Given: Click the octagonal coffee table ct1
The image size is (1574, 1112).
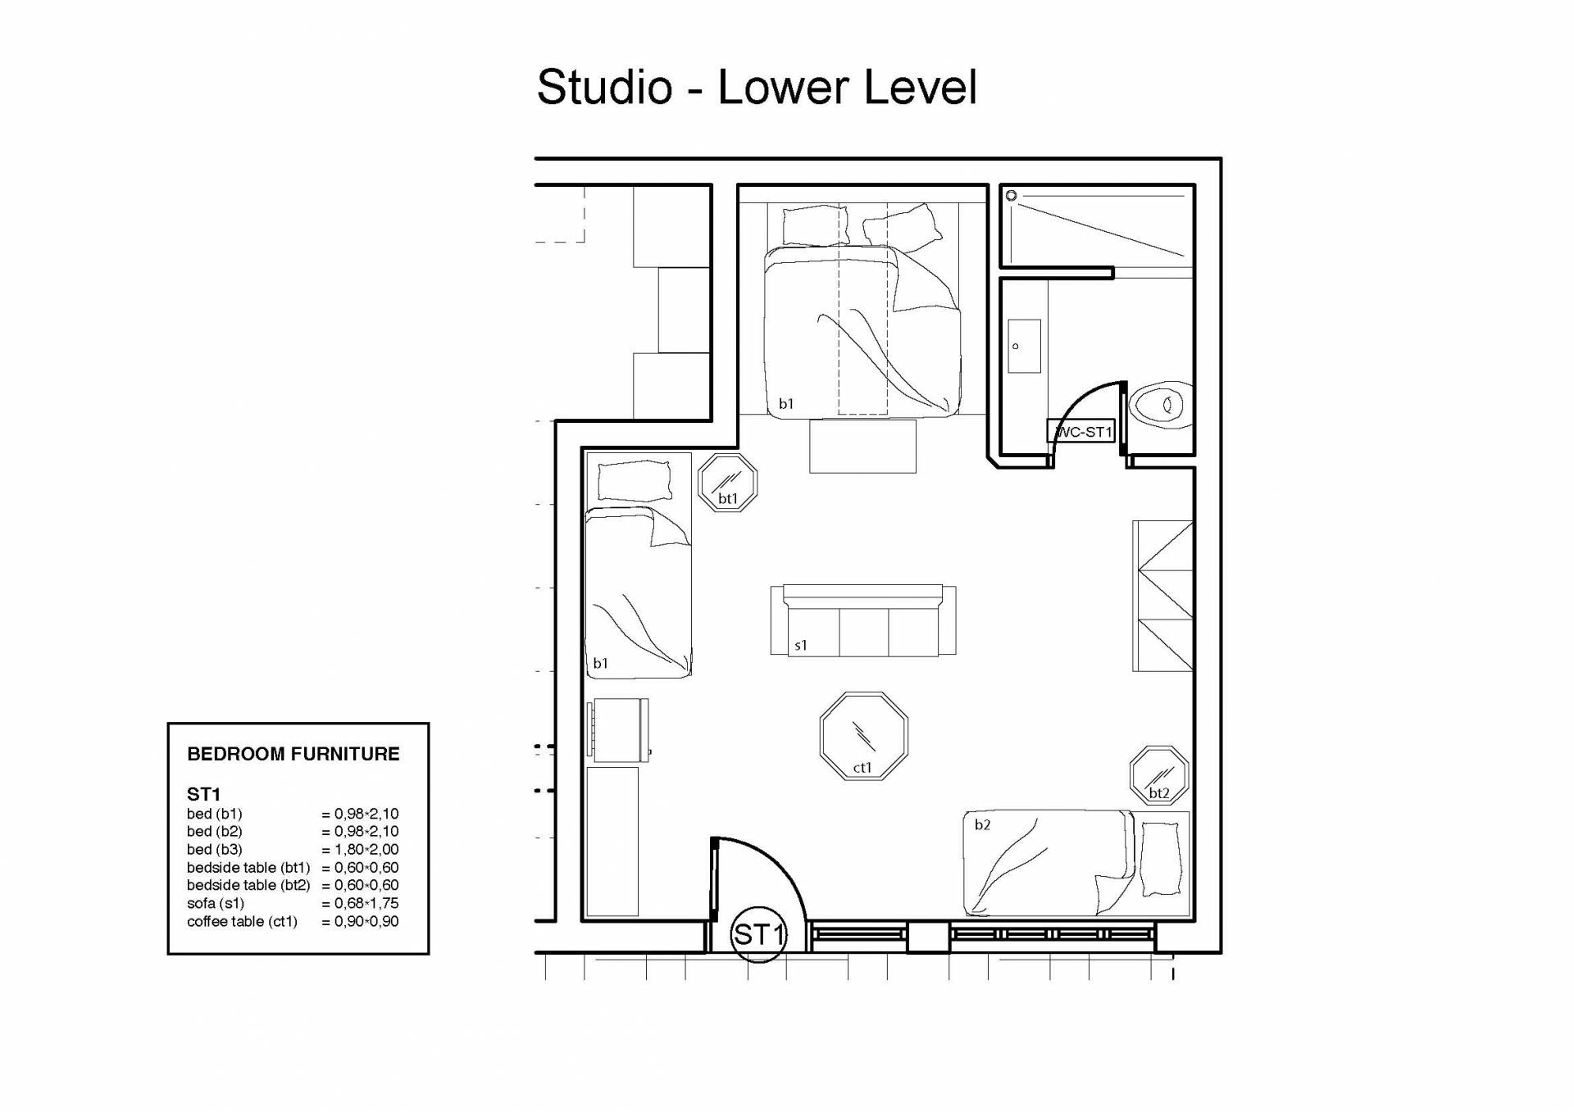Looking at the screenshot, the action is (864, 736).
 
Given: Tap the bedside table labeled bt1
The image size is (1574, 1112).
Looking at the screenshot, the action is (728, 483).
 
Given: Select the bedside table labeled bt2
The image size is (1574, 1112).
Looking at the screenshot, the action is (1159, 775).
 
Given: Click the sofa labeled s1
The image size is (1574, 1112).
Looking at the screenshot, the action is (863, 620).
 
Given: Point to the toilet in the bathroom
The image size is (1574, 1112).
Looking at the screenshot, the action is (1161, 404).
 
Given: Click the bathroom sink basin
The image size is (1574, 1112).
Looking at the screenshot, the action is (1024, 346).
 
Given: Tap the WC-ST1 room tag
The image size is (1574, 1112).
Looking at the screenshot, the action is (1081, 431).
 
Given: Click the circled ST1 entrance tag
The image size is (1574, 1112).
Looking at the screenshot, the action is (758, 934).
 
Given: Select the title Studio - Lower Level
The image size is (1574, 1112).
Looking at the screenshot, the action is (757, 87).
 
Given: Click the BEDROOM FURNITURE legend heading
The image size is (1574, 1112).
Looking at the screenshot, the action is (293, 754).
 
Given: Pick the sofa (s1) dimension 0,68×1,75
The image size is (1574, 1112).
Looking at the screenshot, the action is (360, 903).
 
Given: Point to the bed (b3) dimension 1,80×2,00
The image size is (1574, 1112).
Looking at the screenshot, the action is (360, 849).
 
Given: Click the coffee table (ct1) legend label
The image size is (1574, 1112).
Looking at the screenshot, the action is (243, 921).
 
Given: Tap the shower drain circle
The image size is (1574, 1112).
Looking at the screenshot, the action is (1012, 196).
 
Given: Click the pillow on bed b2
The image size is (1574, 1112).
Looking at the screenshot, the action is (1162, 858).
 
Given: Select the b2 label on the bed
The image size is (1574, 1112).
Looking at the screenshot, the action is (982, 824).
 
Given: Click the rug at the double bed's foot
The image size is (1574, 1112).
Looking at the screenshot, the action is (862, 446).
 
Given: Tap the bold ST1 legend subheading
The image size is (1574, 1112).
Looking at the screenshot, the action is (204, 794).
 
